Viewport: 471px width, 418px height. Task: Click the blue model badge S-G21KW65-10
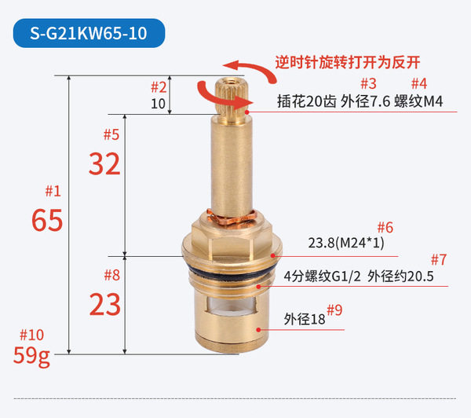click(89, 33)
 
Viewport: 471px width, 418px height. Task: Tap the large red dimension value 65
click(47, 221)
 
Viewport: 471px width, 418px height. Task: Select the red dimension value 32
click(104, 164)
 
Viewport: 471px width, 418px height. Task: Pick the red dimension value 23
click(105, 305)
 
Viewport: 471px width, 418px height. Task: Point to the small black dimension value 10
click(158, 104)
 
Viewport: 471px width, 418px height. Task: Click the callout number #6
click(385, 228)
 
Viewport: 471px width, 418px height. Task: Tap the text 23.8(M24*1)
click(346, 243)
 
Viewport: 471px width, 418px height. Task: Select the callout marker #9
click(334, 310)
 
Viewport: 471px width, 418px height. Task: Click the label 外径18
click(305, 319)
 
